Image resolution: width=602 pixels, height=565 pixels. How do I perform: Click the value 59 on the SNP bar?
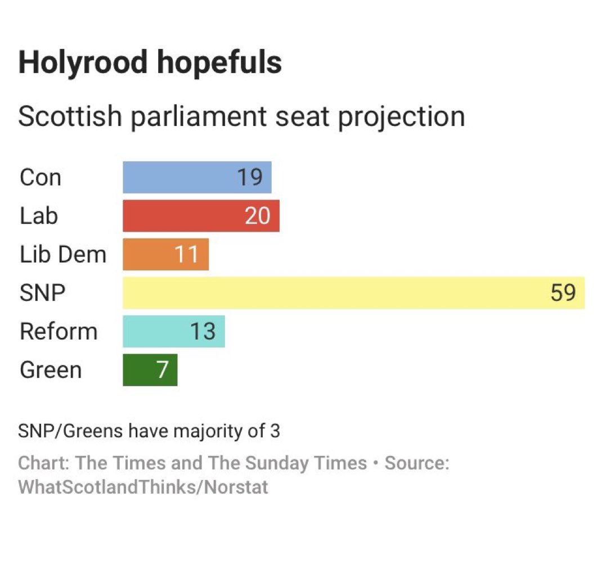pos(563,293)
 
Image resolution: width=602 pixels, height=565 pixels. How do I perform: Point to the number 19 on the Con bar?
pos(250,178)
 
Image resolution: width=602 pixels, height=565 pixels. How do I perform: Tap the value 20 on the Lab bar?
pos(258,216)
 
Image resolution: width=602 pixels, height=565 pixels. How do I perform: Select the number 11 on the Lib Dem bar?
pos(186,254)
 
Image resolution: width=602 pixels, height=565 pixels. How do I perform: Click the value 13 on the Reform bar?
pos(203,331)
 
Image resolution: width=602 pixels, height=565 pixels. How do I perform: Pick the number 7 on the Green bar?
pos(162,370)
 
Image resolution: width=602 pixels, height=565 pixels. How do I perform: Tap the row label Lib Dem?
pos(62,254)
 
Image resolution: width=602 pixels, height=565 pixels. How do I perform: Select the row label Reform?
pos(59,331)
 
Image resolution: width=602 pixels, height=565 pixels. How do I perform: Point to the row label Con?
pos(40,178)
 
